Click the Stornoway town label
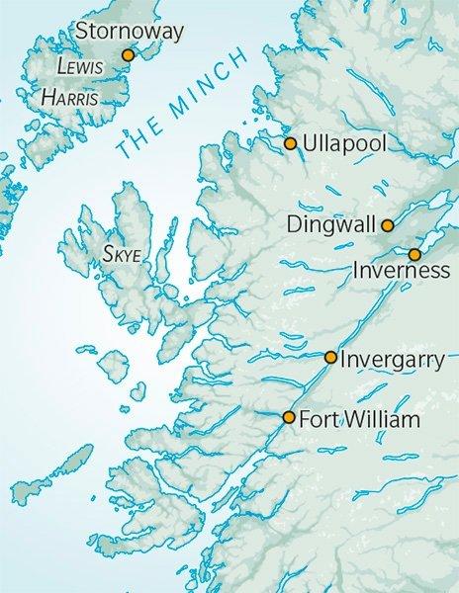pos(133,34)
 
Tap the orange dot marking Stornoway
pos(127,55)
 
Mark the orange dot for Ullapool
pos(290,143)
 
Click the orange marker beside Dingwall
pos(388,224)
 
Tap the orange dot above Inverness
pos(414,255)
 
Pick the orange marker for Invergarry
pos(330,357)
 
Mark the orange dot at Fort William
pos(288,417)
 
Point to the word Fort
pos(319,419)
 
